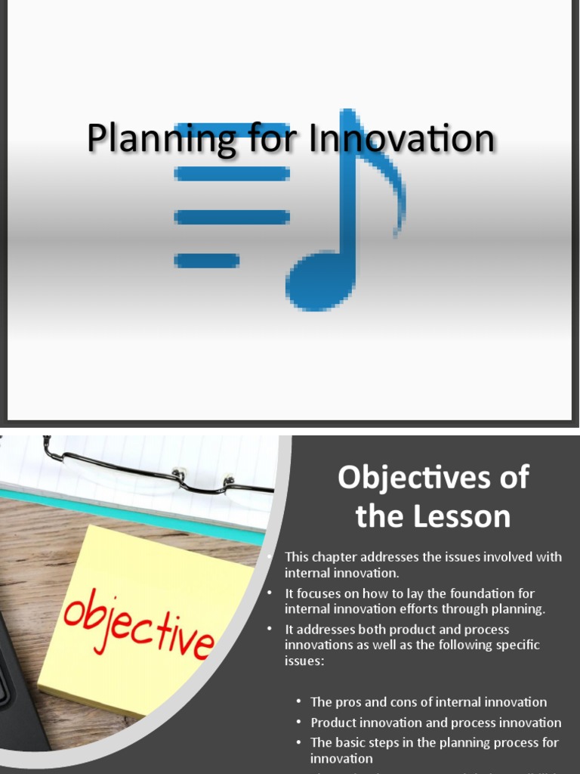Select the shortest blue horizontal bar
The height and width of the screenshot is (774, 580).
click(x=206, y=261)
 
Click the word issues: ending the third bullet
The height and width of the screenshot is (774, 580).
click(x=305, y=660)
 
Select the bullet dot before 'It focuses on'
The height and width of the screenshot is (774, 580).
click(x=270, y=593)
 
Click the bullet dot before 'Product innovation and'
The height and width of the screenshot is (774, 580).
click(x=300, y=723)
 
